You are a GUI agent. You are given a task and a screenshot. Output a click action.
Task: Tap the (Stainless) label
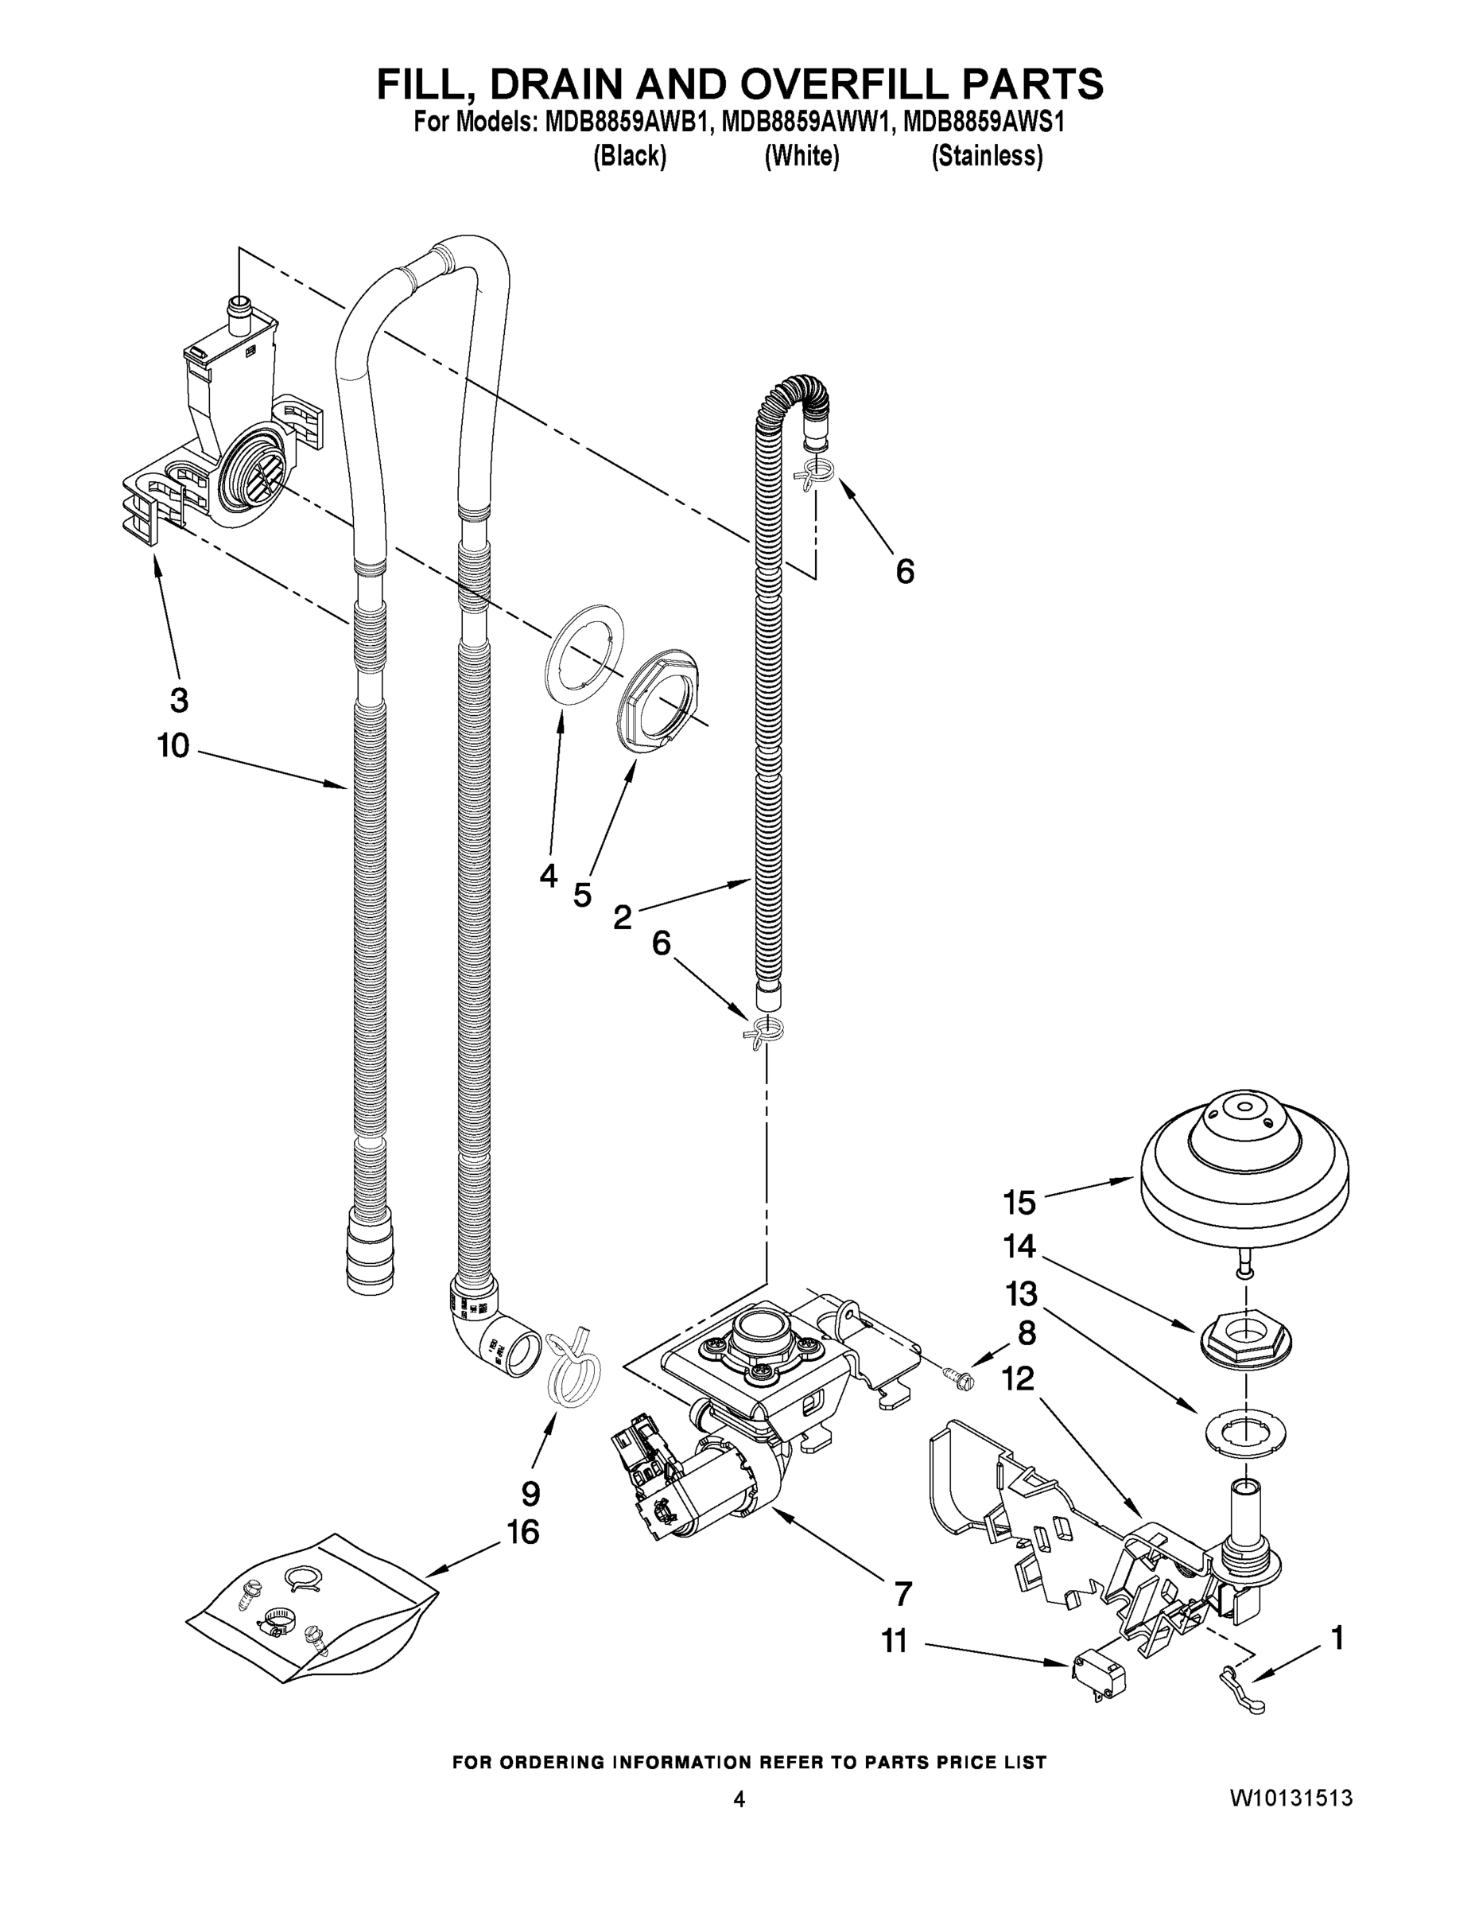point(987,157)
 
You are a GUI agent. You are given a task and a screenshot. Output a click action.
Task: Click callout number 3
point(178,699)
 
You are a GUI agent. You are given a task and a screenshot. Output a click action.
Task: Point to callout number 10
point(173,745)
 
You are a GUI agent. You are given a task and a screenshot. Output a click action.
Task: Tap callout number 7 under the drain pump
point(902,1592)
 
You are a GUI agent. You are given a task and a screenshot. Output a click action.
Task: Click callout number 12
point(1018,1378)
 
